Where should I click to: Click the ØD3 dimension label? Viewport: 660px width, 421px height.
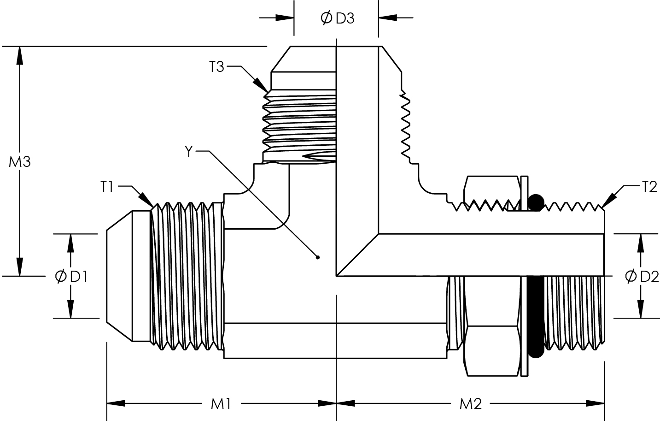click(337, 18)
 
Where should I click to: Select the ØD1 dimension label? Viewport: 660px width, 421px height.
click(71, 276)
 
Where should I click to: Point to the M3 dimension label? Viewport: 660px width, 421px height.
click(19, 162)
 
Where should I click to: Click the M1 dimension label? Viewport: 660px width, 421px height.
click(221, 404)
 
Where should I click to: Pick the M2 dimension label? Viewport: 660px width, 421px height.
click(470, 404)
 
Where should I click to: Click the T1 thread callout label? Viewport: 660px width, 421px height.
click(107, 187)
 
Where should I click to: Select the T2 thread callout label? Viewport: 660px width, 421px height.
click(649, 187)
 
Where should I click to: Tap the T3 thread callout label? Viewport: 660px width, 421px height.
click(216, 67)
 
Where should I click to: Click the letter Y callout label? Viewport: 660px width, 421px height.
click(188, 151)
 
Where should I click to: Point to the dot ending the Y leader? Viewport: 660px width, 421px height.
click(317, 257)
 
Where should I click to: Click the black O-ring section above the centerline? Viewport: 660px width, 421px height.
click(536, 202)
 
